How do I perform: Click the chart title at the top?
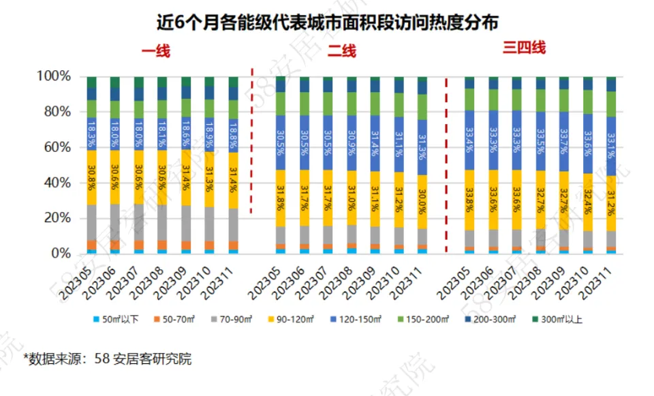pyautogui.click(x=328, y=22)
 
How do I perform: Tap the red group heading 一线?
pyautogui.click(x=156, y=51)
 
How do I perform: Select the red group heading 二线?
pyautogui.click(x=342, y=51)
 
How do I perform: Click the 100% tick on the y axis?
pyautogui.click(x=53, y=76)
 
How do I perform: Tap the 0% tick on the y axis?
pyautogui.click(x=60, y=254)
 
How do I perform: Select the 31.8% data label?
pyautogui.click(x=281, y=197)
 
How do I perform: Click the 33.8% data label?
pyautogui.click(x=469, y=198)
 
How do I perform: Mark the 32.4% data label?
pyautogui.click(x=587, y=199)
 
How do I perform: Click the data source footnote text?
pyautogui.click(x=108, y=359)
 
